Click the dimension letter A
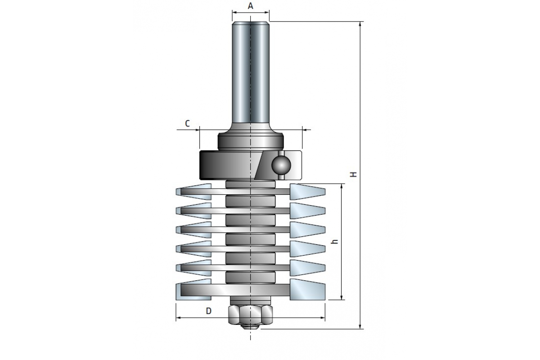(251, 6)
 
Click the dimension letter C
(187, 123)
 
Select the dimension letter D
(208, 310)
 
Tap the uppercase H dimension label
(354, 174)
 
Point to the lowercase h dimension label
(334, 242)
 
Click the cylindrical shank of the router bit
(251, 72)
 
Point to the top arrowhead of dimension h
(343, 187)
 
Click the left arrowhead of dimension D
(178, 318)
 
